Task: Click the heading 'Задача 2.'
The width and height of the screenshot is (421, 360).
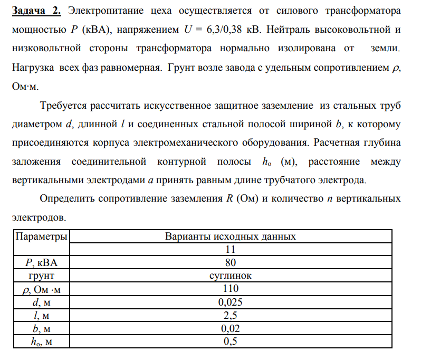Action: pos(36,11)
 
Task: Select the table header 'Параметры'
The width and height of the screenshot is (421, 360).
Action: pos(42,236)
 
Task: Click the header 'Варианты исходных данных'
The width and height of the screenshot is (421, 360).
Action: pos(231,236)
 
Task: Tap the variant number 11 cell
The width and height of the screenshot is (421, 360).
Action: pos(231,249)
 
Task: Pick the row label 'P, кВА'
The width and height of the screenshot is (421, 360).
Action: pos(42,262)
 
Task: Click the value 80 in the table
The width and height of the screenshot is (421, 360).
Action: pos(231,262)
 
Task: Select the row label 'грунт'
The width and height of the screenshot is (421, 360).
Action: pos(42,276)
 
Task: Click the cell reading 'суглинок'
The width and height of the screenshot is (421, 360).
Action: pos(231,276)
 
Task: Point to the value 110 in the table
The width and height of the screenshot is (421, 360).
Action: pos(231,289)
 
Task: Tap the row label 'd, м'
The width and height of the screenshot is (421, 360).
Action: pos(42,302)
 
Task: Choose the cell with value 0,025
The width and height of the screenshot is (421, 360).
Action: pos(231,302)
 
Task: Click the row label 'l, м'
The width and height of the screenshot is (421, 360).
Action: pos(42,315)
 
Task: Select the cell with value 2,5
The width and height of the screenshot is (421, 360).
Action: pos(231,315)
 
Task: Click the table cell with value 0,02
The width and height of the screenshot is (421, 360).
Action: pos(231,328)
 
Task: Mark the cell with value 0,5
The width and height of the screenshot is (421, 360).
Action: pos(231,342)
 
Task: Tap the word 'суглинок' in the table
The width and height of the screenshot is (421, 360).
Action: pos(231,276)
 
